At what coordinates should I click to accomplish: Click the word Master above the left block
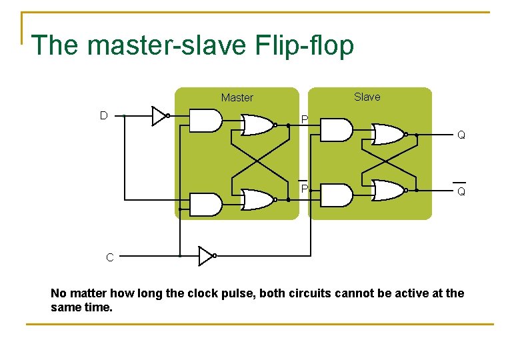tap(237, 97)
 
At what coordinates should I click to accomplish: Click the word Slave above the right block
tap(367, 97)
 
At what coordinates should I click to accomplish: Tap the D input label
tap(103, 115)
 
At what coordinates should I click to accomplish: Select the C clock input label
tap(109, 257)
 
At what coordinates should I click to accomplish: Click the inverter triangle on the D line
tap(159, 116)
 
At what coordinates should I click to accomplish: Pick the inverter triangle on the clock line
tap(206, 255)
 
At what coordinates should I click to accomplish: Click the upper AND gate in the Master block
tap(205, 120)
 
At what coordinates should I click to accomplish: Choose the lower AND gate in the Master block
tap(205, 204)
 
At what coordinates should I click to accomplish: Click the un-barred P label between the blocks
tap(304, 119)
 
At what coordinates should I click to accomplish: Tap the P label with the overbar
tap(303, 189)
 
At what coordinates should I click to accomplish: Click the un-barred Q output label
tap(461, 135)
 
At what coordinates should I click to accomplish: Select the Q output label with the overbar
tap(461, 191)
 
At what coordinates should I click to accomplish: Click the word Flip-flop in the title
tap(304, 46)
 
